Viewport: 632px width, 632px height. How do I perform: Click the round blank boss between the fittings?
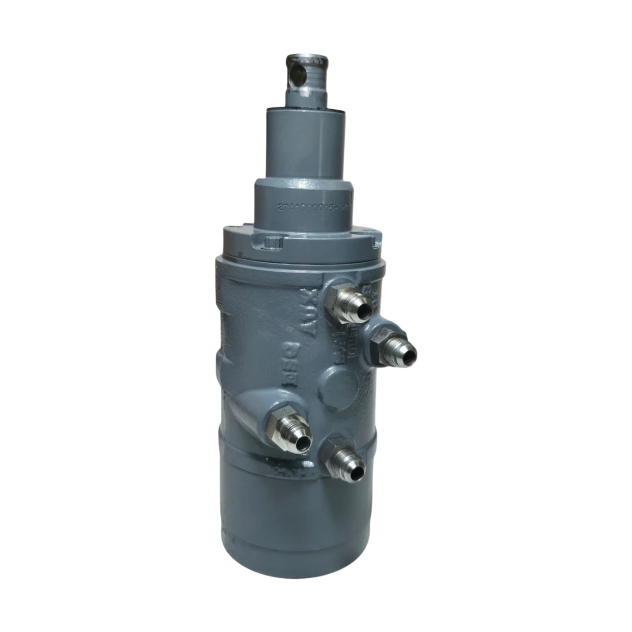click(342, 386)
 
